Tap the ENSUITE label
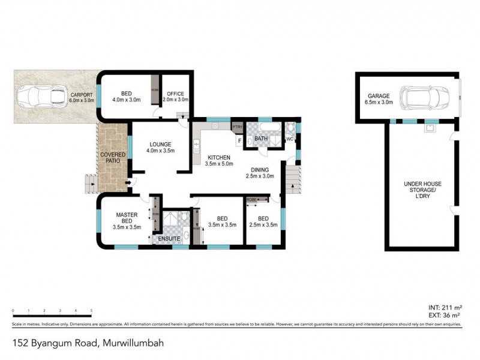pyautogui.click(x=169, y=239)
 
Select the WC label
pyautogui.click(x=289, y=139)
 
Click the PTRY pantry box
pyautogui.click(x=237, y=127)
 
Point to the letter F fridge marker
pyautogui.click(x=239, y=140)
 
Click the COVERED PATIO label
pyautogui.click(x=112, y=157)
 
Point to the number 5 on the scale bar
pyautogui.click(x=91, y=311)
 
